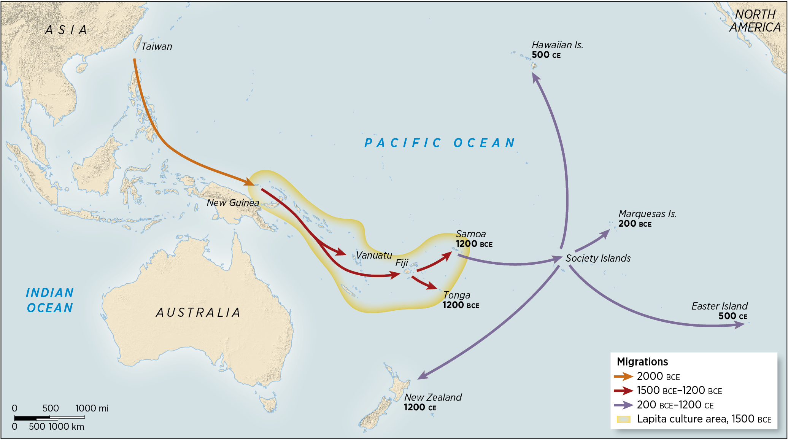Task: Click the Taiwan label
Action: (x=156, y=46)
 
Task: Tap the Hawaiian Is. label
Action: (x=557, y=45)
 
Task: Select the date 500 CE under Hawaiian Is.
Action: (x=546, y=55)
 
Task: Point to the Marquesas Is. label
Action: (x=647, y=214)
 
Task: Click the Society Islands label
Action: (x=598, y=258)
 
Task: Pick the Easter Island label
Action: (x=719, y=306)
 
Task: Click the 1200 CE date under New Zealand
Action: (x=420, y=408)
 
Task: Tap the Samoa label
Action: (x=471, y=234)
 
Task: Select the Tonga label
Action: (x=457, y=295)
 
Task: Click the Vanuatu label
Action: (x=374, y=255)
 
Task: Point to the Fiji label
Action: (x=402, y=263)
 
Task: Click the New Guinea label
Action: (x=233, y=203)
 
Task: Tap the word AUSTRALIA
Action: (x=198, y=313)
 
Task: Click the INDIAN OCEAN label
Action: (x=50, y=300)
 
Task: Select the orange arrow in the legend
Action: (x=623, y=376)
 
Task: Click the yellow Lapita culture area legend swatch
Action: (x=623, y=419)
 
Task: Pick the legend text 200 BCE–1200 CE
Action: (x=675, y=405)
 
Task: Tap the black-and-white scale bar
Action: (x=49, y=418)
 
